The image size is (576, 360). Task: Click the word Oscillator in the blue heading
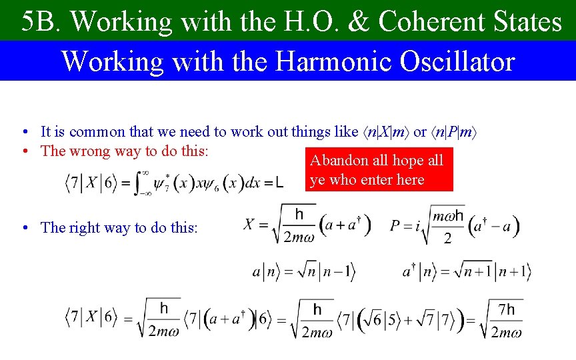(458, 61)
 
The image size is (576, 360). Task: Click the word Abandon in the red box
(339, 161)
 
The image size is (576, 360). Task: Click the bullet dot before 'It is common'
(23, 132)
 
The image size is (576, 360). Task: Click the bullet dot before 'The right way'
(23, 228)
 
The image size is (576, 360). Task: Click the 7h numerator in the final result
(507, 310)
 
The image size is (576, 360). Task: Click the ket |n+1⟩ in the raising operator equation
(514, 272)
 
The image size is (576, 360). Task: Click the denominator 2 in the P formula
(447, 239)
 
